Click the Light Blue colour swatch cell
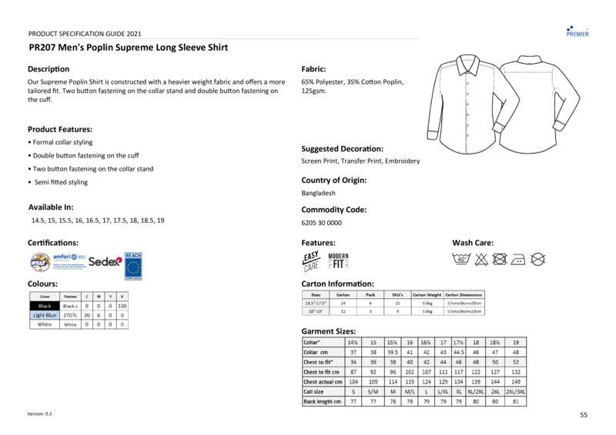pos(45,315)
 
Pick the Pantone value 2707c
pos(70,315)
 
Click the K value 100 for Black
pos(122,306)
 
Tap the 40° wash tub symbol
pos(462,259)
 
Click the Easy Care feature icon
pos(311,262)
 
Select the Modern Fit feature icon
pos(339,261)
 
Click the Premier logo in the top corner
pos(577,29)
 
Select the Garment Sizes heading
pos(329,330)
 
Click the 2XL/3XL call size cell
pos(515,391)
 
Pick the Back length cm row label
pos(322,401)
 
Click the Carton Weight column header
pos(427,294)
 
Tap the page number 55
pos(584,414)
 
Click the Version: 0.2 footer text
pos(39,414)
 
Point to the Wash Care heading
pos(473,243)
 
